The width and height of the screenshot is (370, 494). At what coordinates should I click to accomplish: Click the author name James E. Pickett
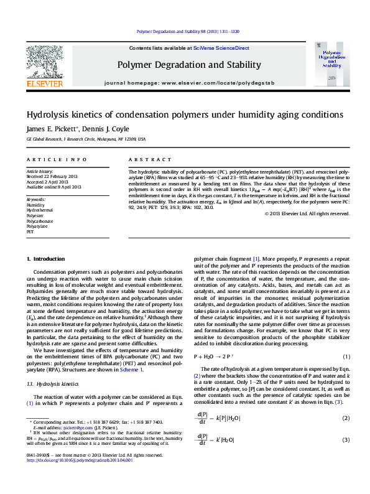pos(51,129)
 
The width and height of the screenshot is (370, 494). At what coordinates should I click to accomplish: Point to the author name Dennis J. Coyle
pos(107,129)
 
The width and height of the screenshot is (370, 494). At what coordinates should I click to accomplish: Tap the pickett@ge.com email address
pos(79,445)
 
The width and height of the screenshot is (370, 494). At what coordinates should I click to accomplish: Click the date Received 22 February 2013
pos(54,176)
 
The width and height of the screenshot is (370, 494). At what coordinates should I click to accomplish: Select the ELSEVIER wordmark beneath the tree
pos(44,83)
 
